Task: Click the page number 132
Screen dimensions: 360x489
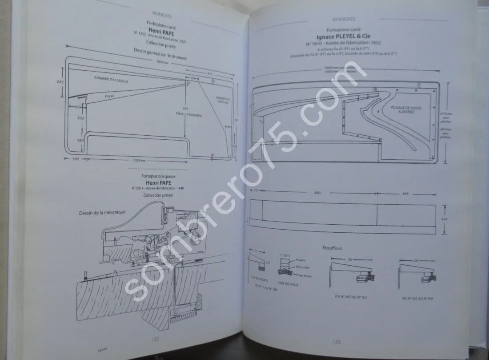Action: [x=156, y=339]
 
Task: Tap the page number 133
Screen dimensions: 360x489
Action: [x=337, y=342]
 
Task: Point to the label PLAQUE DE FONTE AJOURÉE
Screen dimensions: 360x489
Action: [x=406, y=109]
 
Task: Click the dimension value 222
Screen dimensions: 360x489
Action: [x=80, y=118]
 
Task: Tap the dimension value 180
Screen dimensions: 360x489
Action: [x=80, y=141]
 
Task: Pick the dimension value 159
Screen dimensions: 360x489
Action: [x=75, y=159]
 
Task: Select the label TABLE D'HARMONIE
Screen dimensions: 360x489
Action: [x=188, y=114]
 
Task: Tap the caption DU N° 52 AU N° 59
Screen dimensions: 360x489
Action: [x=417, y=299]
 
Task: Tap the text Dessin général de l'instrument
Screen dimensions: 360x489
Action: [x=160, y=53]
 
